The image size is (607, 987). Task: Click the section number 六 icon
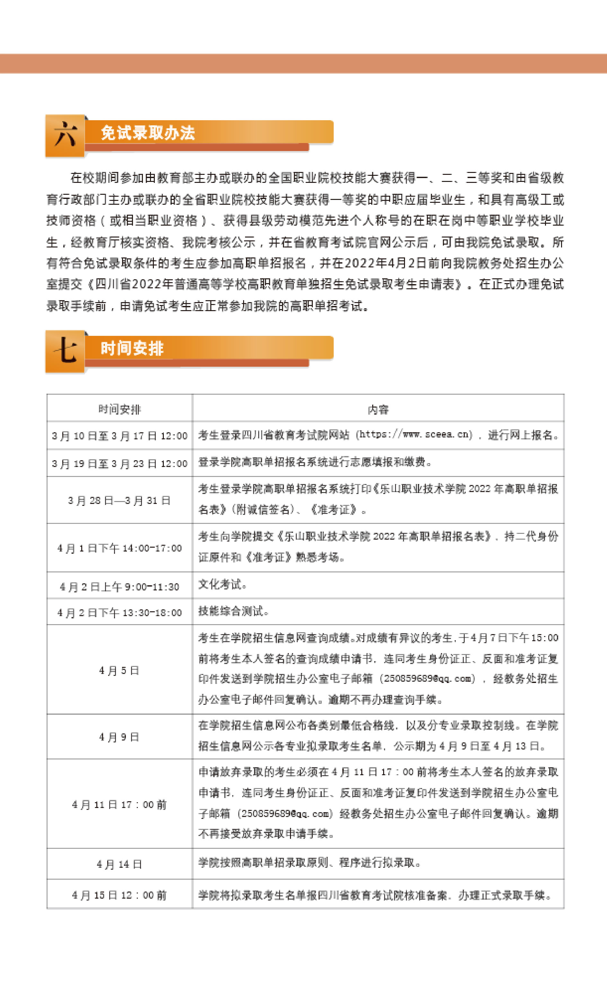[65, 135]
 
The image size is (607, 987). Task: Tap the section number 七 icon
[65, 351]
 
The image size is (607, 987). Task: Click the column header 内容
[378, 409]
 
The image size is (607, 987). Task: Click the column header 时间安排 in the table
[119, 409]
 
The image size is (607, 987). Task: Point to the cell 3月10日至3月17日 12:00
[119, 436]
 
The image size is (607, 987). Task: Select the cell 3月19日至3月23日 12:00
[119, 463]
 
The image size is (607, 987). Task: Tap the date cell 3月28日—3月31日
[119, 500]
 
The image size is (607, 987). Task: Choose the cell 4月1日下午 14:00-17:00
[119, 548]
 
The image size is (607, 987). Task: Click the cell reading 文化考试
[222, 585]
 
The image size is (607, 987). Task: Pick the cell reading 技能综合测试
[233, 611]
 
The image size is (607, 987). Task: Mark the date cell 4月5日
[119, 670]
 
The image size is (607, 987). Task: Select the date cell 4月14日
[119, 864]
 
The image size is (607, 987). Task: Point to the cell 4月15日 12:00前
[119, 895]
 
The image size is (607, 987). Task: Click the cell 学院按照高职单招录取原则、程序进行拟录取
[309, 863]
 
